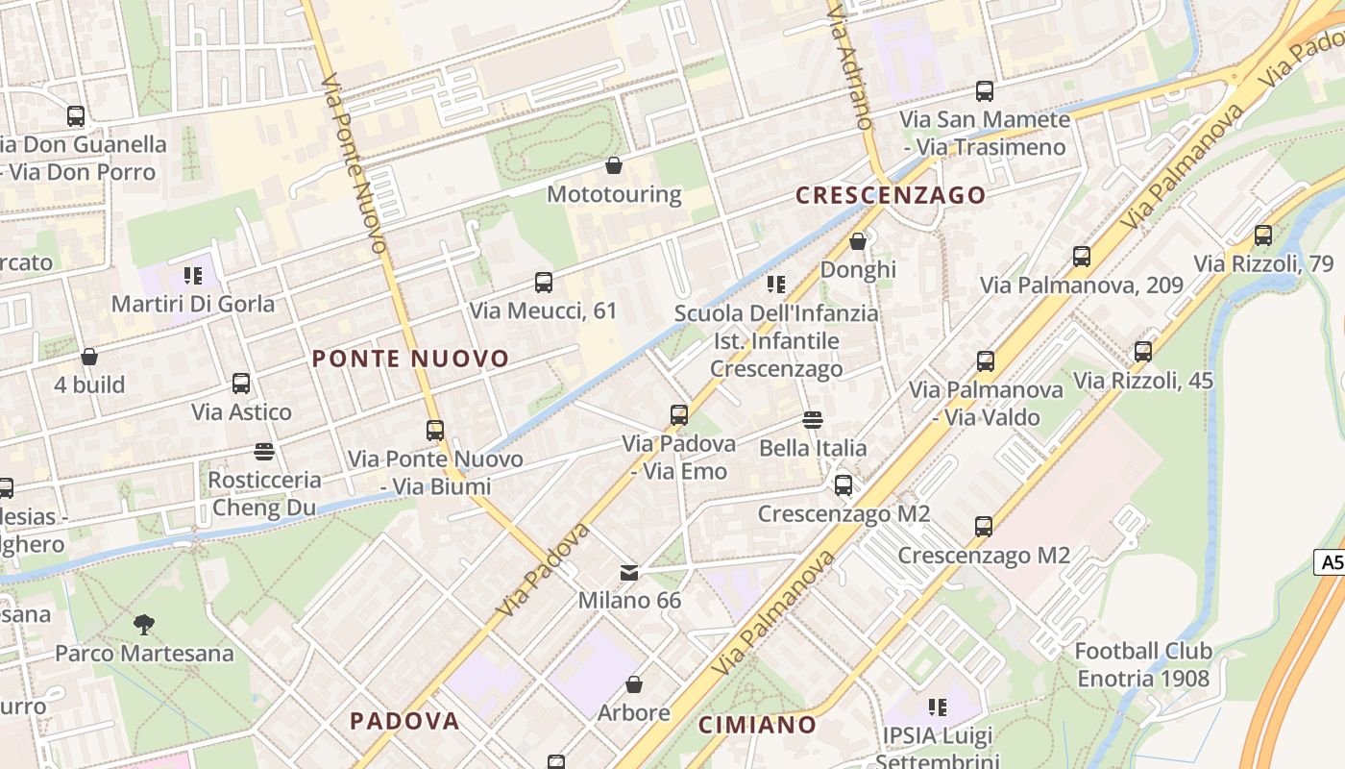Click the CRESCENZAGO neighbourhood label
[891, 195]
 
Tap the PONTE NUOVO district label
[410, 360]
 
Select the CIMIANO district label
[757, 725]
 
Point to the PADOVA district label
[404, 721]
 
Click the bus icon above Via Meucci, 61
[544, 283]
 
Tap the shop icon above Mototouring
[614, 166]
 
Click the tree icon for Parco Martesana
[144, 625]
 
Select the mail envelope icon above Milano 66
[629, 573]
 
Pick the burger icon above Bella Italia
[813, 420]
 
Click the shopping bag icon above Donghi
[858, 241]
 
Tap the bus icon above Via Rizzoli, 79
[1263, 236]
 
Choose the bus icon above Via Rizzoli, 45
[1143, 352]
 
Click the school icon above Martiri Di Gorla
[193, 276]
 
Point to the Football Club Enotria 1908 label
[1143, 664]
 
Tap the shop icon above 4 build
[89, 357]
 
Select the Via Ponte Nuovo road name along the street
[355, 163]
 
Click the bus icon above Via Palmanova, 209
[1082, 257]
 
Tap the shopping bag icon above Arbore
[634, 684]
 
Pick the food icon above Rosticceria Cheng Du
[264, 451]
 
